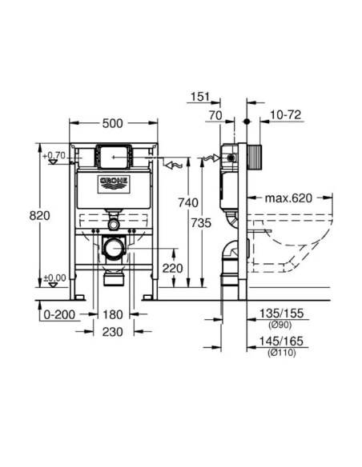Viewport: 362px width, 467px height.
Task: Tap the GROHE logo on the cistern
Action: point(113,185)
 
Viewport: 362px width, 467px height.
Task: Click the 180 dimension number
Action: point(112,314)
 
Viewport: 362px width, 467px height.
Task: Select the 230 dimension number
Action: point(112,332)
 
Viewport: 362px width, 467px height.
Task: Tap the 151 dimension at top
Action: point(200,98)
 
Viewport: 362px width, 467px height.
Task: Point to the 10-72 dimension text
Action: point(284,116)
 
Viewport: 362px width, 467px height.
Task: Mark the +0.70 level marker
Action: point(55,154)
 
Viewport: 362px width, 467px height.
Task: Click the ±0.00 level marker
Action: point(55,277)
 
